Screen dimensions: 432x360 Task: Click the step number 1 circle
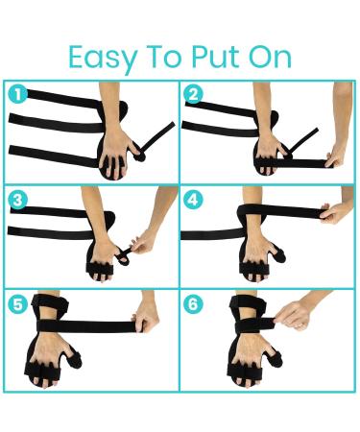[17, 95]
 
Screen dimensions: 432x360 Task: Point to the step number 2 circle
[196, 95]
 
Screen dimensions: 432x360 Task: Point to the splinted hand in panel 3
[106, 254]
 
